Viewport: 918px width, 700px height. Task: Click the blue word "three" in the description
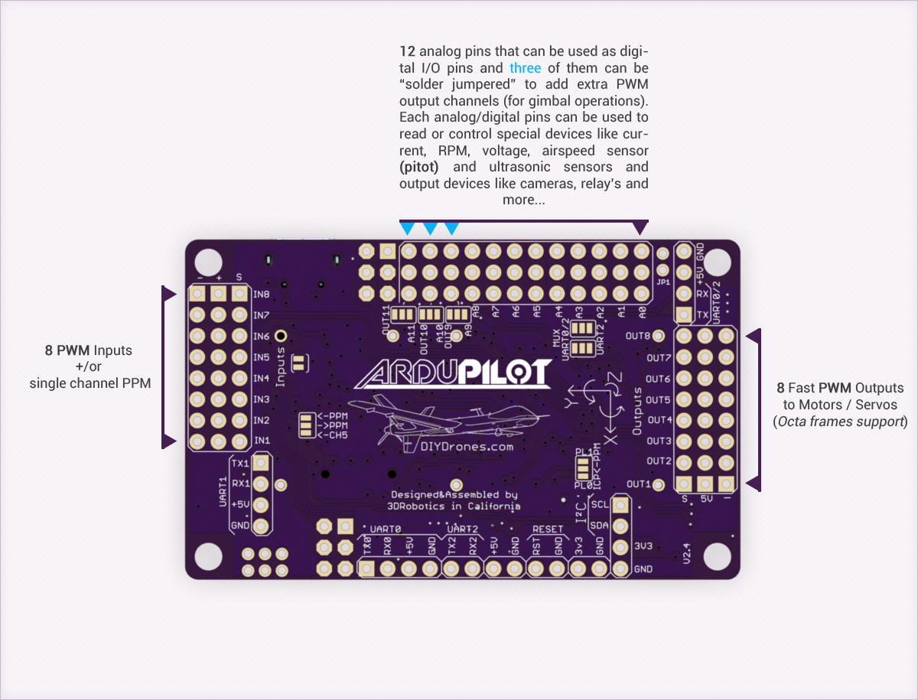coord(525,68)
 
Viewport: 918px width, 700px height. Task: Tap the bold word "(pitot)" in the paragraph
coord(419,167)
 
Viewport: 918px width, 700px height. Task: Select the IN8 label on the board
coord(262,295)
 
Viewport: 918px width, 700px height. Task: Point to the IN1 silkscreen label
coord(262,441)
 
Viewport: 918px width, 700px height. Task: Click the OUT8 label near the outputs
coord(638,336)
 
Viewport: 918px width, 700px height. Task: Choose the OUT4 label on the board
coord(659,419)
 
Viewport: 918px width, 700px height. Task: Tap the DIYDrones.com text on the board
coord(467,447)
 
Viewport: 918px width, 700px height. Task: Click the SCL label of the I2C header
coord(600,505)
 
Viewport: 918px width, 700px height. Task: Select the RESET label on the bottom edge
coord(548,529)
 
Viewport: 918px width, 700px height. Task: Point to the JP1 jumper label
coord(663,282)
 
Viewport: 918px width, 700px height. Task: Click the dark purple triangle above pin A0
coord(640,228)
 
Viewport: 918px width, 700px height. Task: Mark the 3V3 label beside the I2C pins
coord(643,546)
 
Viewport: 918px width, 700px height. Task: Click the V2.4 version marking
coord(686,553)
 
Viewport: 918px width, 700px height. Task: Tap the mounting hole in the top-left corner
coord(208,262)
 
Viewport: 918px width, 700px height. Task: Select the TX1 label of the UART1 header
coord(240,464)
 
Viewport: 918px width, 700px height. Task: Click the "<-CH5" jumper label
coord(333,435)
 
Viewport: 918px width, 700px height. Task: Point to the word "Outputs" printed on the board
coord(637,411)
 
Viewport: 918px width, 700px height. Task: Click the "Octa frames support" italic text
coord(840,422)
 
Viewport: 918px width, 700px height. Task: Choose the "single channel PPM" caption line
coord(90,383)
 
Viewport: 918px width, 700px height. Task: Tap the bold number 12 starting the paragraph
coord(407,51)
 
